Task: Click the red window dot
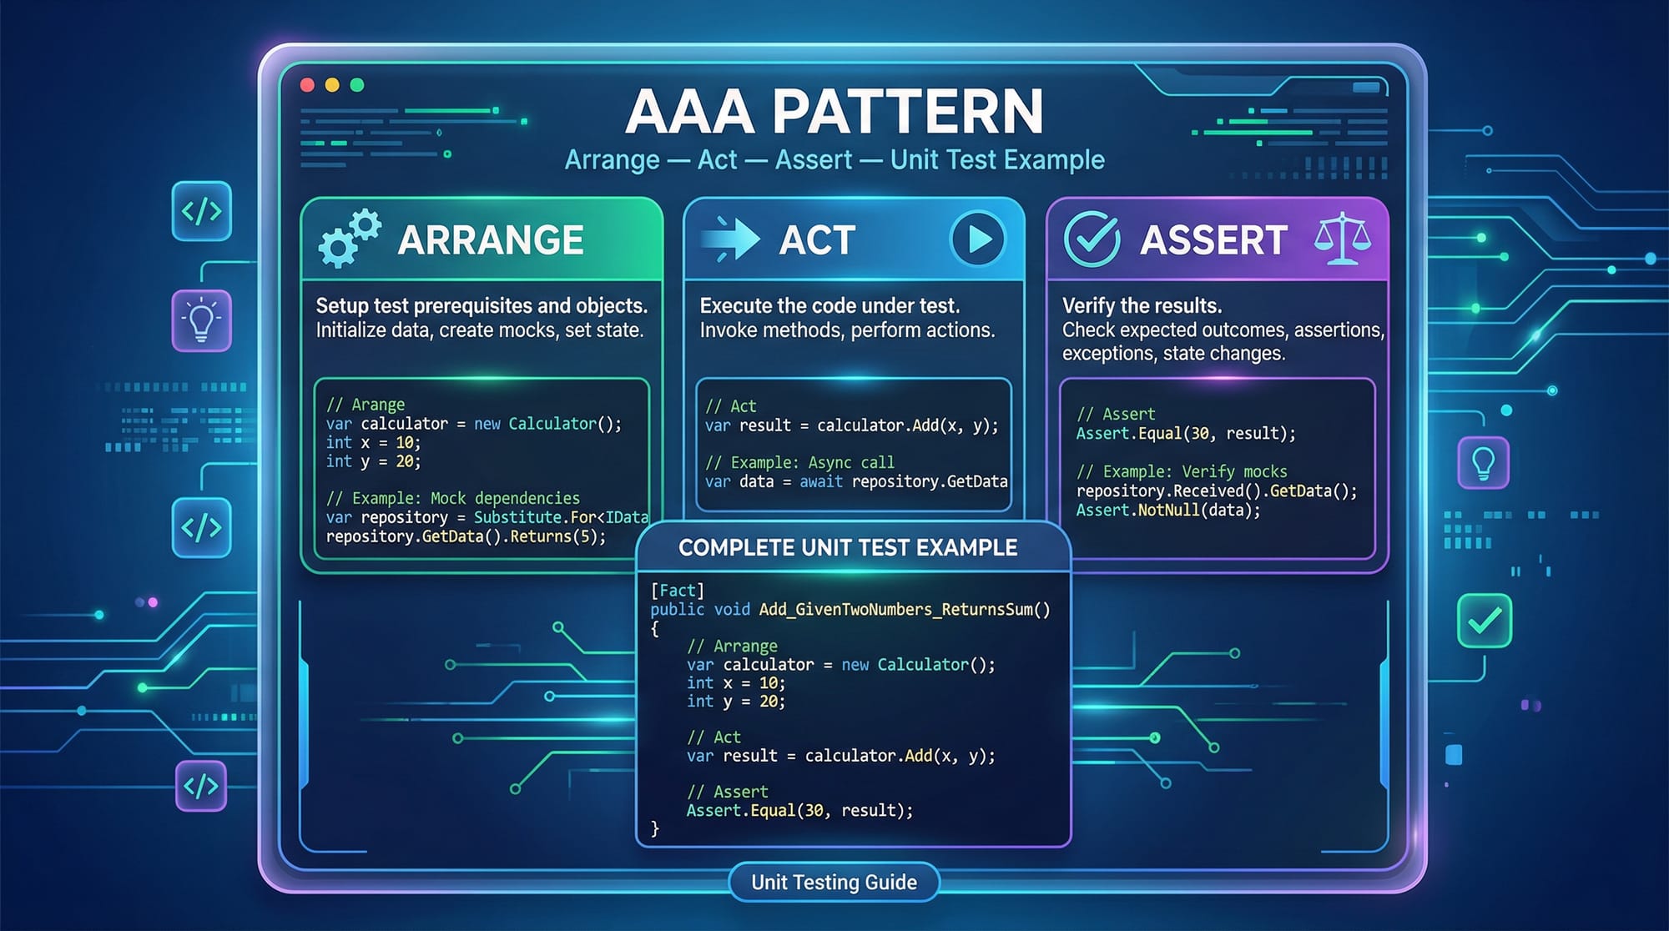(307, 84)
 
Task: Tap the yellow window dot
(332, 84)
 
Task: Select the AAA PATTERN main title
(834, 112)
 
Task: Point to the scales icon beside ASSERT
(1342, 239)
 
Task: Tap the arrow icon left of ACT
(730, 239)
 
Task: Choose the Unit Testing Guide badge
(834, 882)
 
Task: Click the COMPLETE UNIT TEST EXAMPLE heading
(848, 547)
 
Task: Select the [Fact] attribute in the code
(678, 591)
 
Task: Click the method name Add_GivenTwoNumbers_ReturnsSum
(895, 610)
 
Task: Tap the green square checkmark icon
(1485, 621)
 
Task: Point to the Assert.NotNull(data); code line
(1168, 510)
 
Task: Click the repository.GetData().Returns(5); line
(466, 536)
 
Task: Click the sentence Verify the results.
(1142, 305)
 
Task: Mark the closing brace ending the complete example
(655, 828)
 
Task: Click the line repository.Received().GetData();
(1217, 491)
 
